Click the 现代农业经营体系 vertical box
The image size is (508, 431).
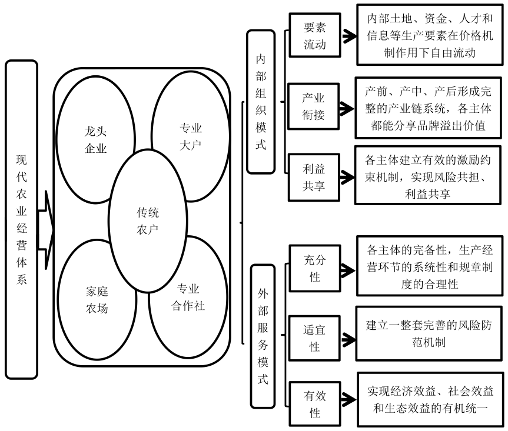point(21,219)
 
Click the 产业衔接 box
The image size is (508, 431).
point(313,106)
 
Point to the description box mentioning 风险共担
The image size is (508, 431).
point(428,175)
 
